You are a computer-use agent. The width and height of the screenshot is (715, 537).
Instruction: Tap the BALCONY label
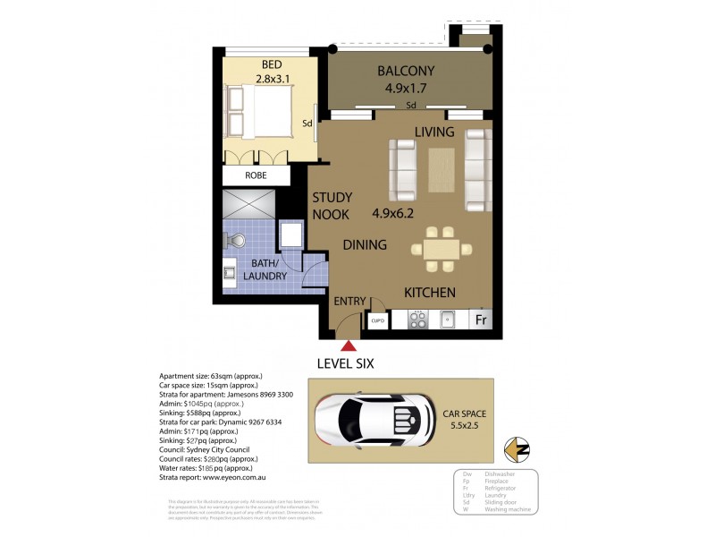pos(405,71)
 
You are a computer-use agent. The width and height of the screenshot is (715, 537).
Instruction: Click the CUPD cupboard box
pos(377,320)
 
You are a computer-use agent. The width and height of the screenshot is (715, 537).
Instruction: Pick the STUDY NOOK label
pos(332,206)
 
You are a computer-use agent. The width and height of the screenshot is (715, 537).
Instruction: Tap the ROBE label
pos(257,175)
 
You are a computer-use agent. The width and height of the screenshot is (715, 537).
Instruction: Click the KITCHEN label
pos(430,293)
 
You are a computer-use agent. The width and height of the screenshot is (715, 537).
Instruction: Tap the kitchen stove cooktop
pos(419,320)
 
